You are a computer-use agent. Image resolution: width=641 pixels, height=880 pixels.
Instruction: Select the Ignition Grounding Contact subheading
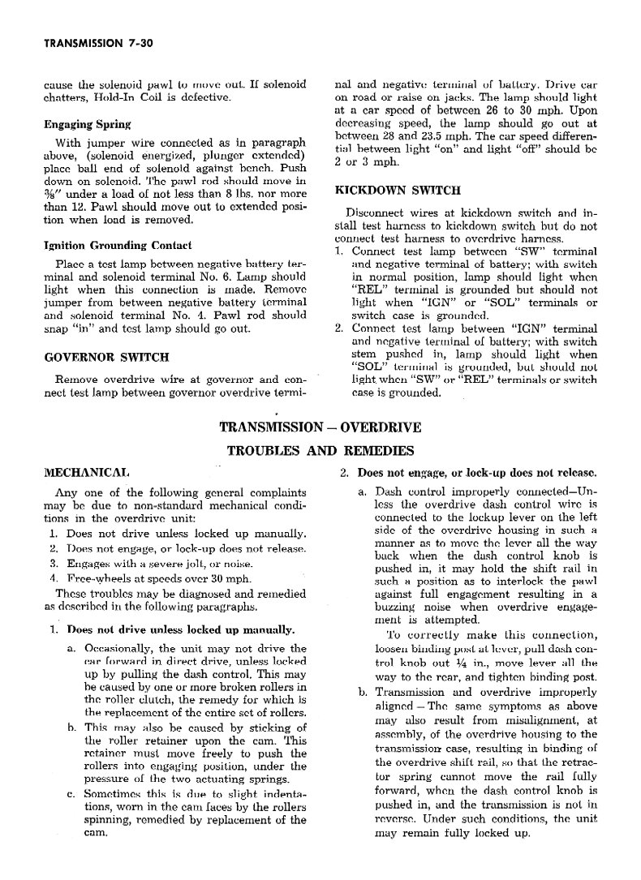(117, 245)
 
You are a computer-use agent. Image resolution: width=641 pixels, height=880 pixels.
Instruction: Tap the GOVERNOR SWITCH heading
(106, 356)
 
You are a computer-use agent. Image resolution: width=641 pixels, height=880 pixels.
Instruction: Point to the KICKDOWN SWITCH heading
(398, 190)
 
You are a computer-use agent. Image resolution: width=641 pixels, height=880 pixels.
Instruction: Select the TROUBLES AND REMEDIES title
(320, 450)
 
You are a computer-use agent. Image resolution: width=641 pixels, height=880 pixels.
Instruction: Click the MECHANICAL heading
(85, 472)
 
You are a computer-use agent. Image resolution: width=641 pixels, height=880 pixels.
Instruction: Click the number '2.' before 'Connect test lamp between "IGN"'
(340, 328)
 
